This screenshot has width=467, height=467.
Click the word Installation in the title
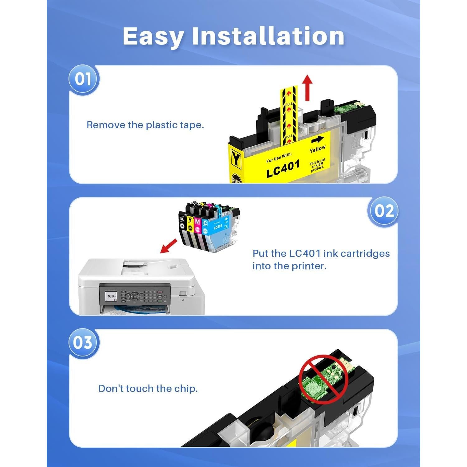[268, 36]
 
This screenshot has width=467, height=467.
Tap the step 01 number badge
[83, 79]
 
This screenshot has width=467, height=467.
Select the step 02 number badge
[384, 211]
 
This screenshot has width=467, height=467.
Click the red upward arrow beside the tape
[308, 88]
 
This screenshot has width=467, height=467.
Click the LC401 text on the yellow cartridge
[283, 169]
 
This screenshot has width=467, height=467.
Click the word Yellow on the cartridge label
[317, 149]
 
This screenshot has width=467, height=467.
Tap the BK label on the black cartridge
[182, 219]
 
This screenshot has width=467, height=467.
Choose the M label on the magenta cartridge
[197, 222]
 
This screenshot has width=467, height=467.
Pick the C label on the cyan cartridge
[205, 223]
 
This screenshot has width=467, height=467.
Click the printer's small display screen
[111, 298]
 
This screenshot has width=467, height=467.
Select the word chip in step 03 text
[186, 389]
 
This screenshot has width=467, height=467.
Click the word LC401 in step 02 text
[304, 253]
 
